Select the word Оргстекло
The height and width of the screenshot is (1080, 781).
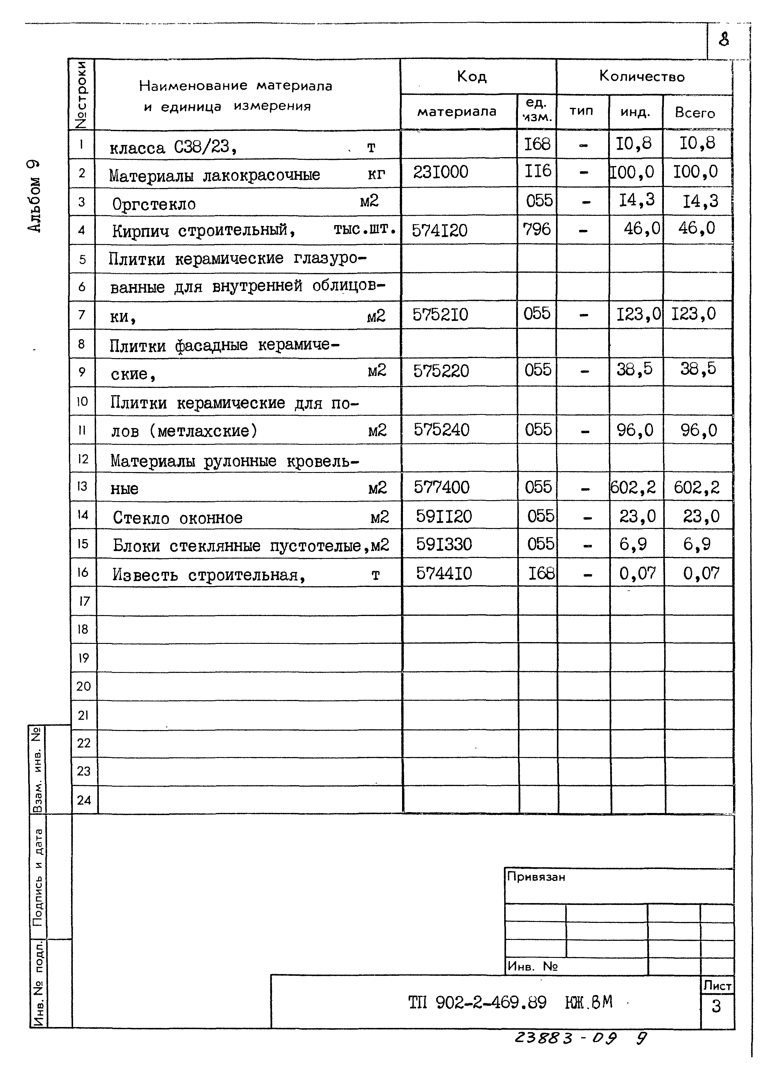(154, 204)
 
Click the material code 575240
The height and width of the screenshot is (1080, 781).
(441, 430)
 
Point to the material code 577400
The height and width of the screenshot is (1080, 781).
(441, 487)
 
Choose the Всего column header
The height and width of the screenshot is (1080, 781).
(695, 113)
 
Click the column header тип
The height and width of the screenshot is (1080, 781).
(581, 111)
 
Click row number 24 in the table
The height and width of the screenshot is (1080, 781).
(84, 800)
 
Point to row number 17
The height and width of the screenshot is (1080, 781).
(84, 601)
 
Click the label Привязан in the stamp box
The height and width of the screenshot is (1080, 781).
(536, 877)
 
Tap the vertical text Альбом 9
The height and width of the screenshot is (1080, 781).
(34, 196)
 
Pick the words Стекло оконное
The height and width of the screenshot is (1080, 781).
(177, 518)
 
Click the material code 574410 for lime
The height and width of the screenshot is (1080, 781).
(444, 573)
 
